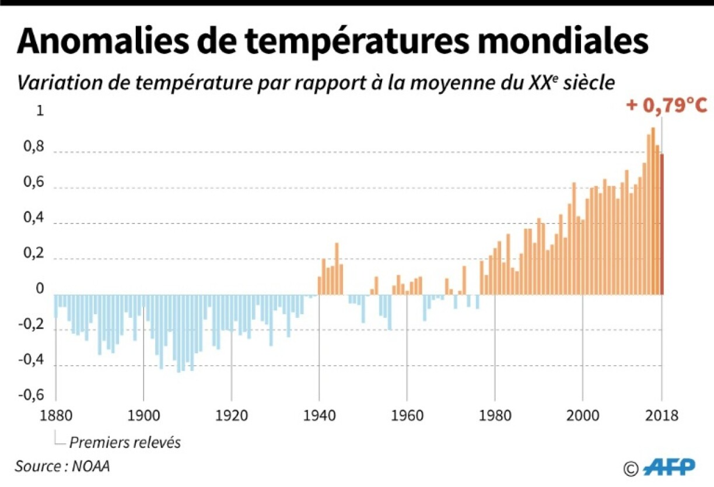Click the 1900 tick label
pyautogui.click(x=143, y=416)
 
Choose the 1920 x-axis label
pyautogui.click(x=231, y=416)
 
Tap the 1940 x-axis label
pyautogui.click(x=318, y=416)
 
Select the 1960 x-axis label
pyautogui.click(x=407, y=416)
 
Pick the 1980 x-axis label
pyautogui.click(x=495, y=416)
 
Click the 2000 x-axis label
pyautogui.click(x=582, y=416)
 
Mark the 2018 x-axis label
pyautogui.click(x=661, y=416)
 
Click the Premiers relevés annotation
pyautogui.click(x=125, y=443)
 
